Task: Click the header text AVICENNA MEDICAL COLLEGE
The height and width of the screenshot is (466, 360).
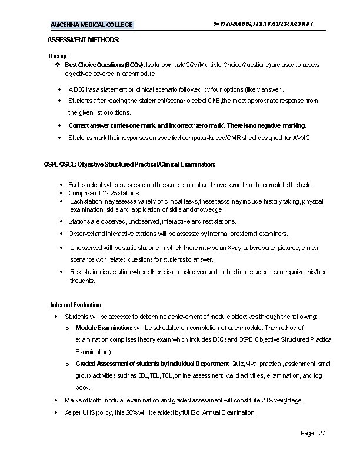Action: pyautogui.click(x=91, y=25)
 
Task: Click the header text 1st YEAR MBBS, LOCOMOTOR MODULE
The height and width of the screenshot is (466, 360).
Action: pyautogui.click(x=264, y=24)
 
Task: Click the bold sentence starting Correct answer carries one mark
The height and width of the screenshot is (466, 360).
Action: pyautogui.click(x=187, y=125)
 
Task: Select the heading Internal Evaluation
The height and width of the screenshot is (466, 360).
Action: pyautogui.click(x=75, y=305)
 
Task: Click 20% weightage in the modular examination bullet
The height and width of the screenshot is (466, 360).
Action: pyautogui.click(x=281, y=400)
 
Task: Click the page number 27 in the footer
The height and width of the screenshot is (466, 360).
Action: pyautogui.click(x=322, y=434)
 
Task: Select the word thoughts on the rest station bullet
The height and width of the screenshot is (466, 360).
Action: pyautogui.click(x=82, y=281)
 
